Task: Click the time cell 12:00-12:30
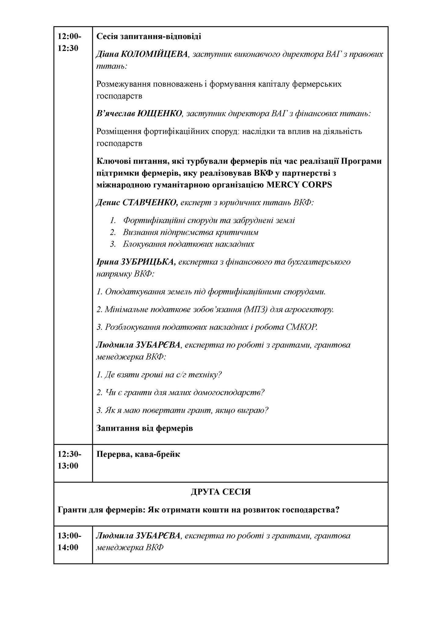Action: coord(70,42)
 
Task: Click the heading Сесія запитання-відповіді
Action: coord(149,37)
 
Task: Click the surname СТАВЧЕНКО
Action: coord(150,203)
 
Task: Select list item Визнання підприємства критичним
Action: coord(190,232)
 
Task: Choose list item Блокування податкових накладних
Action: coord(188,244)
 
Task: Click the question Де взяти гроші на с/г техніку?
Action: coord(159,374)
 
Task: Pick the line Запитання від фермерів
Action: coord(144,428)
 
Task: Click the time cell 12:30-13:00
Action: coord(70,460)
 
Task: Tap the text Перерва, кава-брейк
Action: coord(138,454)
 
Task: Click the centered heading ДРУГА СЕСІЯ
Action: coord(221,492)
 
